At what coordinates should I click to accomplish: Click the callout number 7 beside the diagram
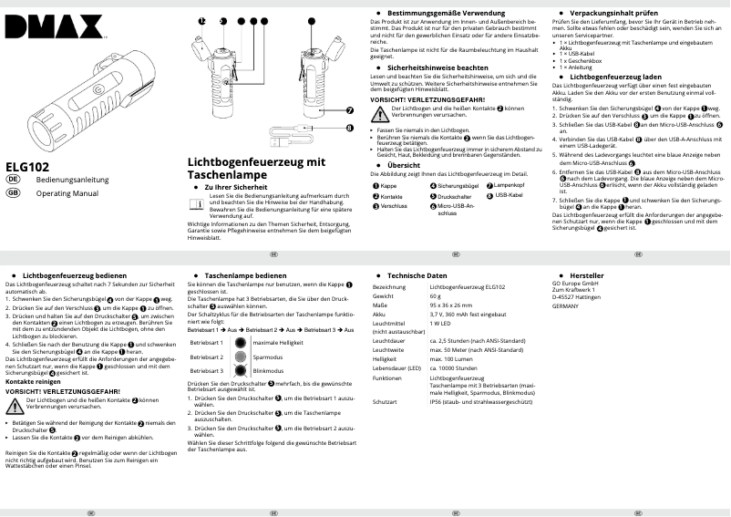(350, 110)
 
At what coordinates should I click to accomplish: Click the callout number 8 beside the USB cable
(350, 128)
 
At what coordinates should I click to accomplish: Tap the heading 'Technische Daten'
(417, 274)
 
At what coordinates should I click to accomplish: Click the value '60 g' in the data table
(437, 295)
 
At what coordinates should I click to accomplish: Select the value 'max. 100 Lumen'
(450, 358)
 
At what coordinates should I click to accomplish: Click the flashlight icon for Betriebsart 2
(238, 357)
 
